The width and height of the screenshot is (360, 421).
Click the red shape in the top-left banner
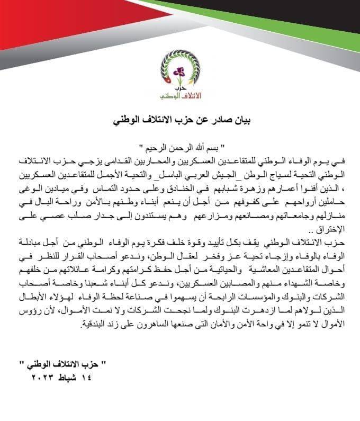pos(53,21)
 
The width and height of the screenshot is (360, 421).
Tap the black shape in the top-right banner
pos(312,21)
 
